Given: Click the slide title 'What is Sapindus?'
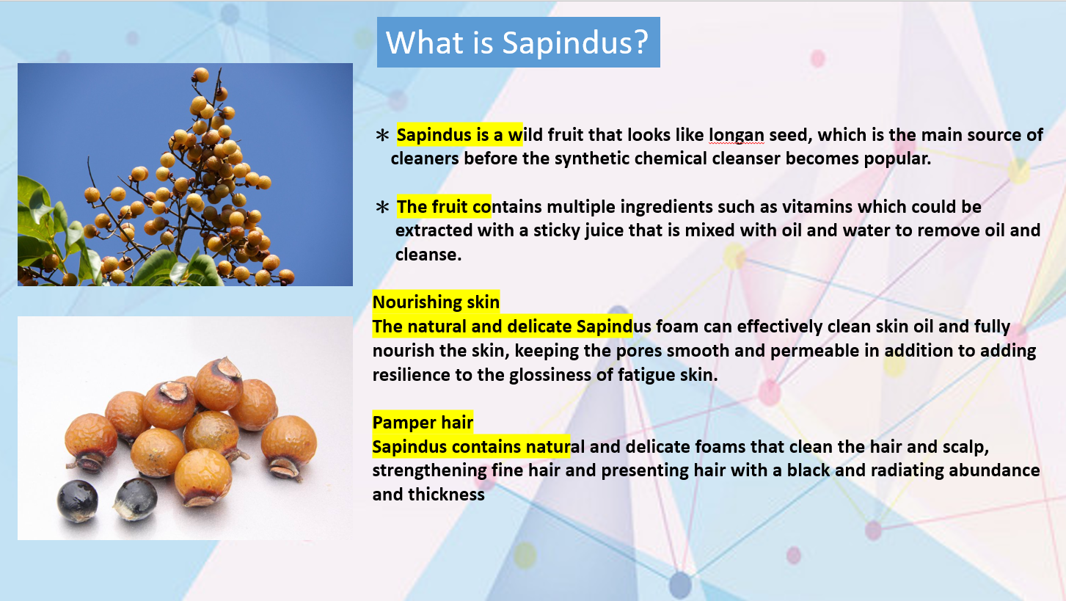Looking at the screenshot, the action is coord(517,43).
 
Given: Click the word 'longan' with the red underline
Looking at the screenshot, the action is coord(736,136).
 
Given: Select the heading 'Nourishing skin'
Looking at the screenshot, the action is coord(436,302).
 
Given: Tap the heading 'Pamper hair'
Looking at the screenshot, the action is coord(423,423).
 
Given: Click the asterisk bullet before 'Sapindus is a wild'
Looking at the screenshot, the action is coord(382,136).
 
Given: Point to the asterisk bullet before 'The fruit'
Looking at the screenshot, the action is coord(382,207).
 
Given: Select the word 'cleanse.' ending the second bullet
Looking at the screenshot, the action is coord(428,255).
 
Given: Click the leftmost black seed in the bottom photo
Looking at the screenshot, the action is coord(78,500).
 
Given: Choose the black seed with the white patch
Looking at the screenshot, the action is coord(136,499).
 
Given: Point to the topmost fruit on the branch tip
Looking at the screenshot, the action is coord(201,75).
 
